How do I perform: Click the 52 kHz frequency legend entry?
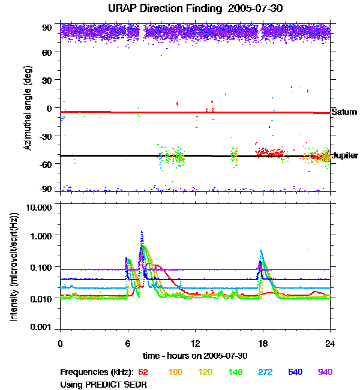click(x=143, y=373)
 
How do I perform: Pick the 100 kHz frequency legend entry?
click(x=175, y=373)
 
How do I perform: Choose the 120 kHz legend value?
click(x=205, y=373)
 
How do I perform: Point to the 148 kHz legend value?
click(x=235, y=373)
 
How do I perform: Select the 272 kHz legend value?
click(x=265, y=373)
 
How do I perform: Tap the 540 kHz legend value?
click(x=295, y=373)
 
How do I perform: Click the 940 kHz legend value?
click(x=325, y=373)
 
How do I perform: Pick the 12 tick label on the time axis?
click(x=195, y=344)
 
